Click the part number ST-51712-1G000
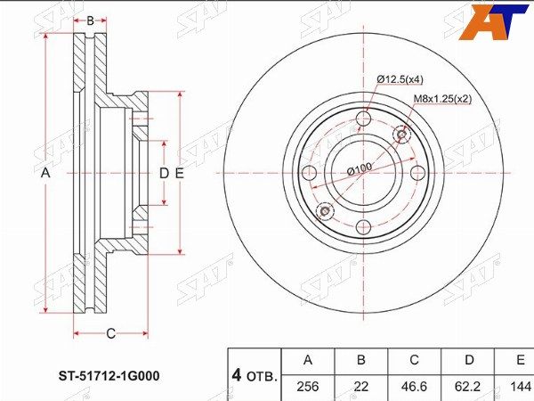click(x=109, y=376)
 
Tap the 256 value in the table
click(x=308, y=387)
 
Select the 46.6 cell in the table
click(x=414, y=387)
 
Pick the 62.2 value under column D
click(x=469, y=387)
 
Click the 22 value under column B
click(x=361, y=387)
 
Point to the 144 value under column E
click(x=521, y=387)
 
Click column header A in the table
click(x=308, y=360)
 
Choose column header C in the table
click(x=414, y=360)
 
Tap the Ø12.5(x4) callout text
click(x=400, y=79)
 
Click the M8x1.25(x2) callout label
click(x=442, y=99)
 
